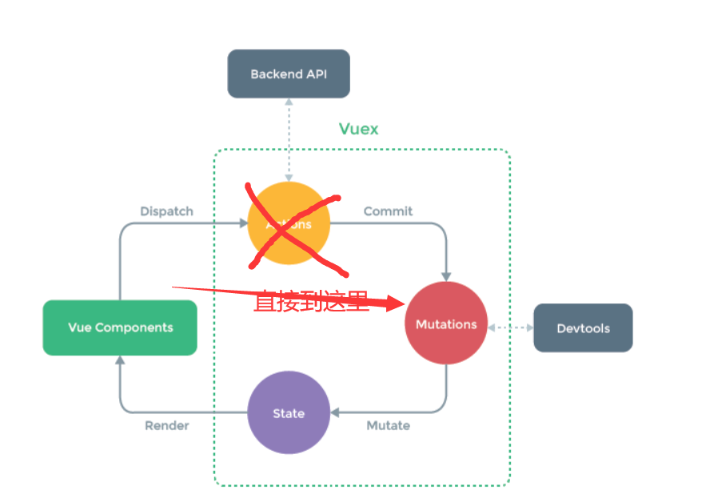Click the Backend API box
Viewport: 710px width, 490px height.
tap(289, 74)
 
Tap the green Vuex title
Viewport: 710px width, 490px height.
tap(359, 129)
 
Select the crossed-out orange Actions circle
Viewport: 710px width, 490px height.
tap(289, 223)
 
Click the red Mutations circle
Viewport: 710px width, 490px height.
tap(446, 324)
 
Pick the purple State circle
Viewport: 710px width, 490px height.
tap(289, 413)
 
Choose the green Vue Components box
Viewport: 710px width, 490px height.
tap(120, 327)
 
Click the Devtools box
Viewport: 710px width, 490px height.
tap(583, 328)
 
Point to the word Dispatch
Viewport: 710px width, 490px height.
tap(166, 211)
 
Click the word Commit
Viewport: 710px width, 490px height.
tap(388, 211)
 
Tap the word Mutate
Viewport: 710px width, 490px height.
tap(388, 425)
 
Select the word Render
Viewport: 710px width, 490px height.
tap(166, 425)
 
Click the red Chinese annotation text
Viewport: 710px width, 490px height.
tap(311, 302)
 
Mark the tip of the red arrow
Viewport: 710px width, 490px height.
tap(405, 303)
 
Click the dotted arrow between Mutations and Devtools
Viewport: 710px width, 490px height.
tap(510, 328)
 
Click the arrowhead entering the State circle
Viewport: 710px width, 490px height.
tap(335, 413)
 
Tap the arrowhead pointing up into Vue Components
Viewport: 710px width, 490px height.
tap(120, 360)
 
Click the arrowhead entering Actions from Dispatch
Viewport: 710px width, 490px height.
tap(242, 223)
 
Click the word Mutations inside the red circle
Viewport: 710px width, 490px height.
tap(446, 324)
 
